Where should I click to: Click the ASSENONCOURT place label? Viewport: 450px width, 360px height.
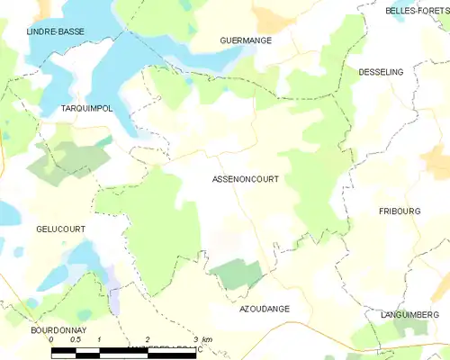click(x=245, y=179)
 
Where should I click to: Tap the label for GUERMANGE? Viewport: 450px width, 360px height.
click(x=246, y=41)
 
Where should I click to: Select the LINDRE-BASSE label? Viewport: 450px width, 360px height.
click(x=55, y=31)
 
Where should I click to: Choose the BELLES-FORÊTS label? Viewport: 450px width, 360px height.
click(x=417, y=11)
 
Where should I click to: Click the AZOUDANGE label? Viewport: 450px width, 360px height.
click(x=265, y=309)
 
